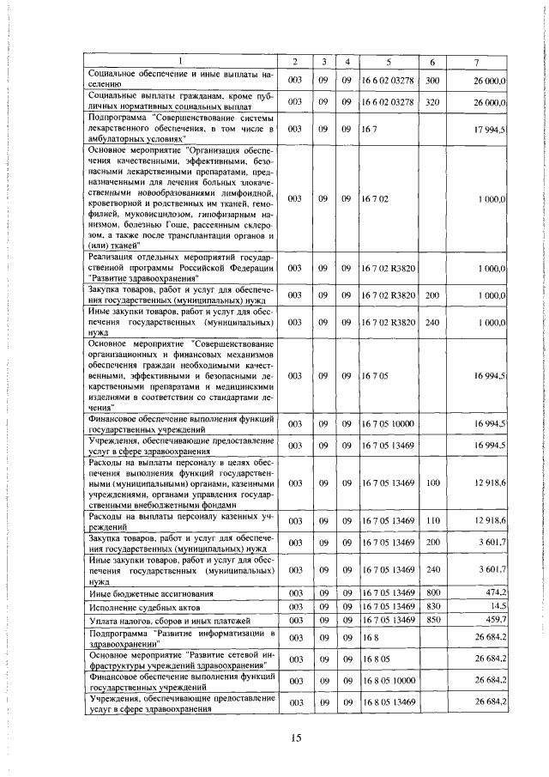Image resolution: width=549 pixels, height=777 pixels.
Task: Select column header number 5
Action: click(x=390, y=62)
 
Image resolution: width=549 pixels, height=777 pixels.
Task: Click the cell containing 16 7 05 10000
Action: click(x=388, y=424)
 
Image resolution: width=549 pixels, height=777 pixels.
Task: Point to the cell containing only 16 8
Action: click(x=369, y=639)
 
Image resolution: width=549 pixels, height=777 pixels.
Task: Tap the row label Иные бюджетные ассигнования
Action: click(x=146, y=592)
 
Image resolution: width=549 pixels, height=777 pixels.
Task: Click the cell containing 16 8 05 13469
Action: click(x=388, y=702)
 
